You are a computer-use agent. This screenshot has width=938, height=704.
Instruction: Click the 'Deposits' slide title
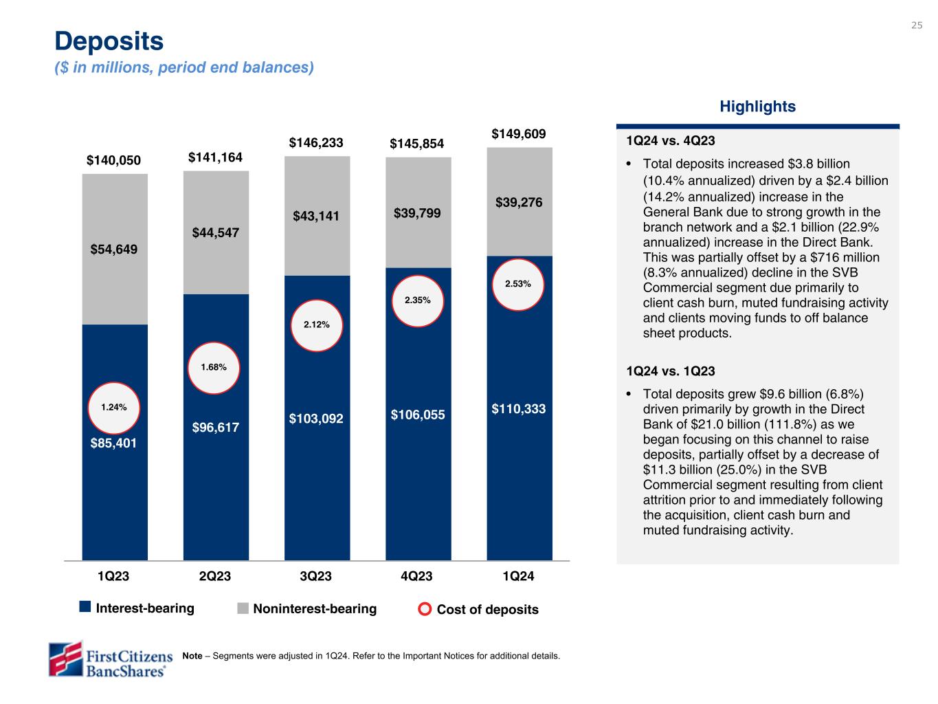pos(109,41)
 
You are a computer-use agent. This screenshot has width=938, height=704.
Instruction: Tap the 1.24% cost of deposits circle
pos(114,407)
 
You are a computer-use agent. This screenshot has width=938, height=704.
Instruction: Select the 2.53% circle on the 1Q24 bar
pos(517,283)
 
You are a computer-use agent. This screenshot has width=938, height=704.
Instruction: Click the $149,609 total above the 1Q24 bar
pos(519,133)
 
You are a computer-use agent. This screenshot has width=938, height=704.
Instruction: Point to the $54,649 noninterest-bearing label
pos(114,249)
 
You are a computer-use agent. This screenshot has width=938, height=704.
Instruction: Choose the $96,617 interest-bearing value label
pos(216,428)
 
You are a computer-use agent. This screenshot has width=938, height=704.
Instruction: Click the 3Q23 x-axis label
pos(316,576)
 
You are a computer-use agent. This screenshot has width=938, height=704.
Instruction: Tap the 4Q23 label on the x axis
pos(417,576)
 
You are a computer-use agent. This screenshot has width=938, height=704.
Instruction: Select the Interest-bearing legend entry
pos(137,608)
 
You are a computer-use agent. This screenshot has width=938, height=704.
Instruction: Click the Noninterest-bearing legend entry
pos(307,608)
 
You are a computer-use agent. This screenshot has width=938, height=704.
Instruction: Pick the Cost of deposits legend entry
pos(479,609)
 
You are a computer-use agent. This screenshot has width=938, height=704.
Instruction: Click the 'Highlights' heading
pos(757,107)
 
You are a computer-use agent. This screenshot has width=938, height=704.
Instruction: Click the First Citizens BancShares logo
pos(110,659)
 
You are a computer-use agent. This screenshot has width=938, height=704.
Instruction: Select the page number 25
pos(917,25)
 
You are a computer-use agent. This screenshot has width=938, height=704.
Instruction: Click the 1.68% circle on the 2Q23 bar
pos(214,367)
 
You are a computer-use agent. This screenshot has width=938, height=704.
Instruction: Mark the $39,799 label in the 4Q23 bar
pos(417,213)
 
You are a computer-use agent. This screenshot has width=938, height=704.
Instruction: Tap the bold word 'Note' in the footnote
pos(192,656)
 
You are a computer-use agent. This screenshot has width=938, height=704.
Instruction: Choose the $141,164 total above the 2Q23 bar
pos(215,157)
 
